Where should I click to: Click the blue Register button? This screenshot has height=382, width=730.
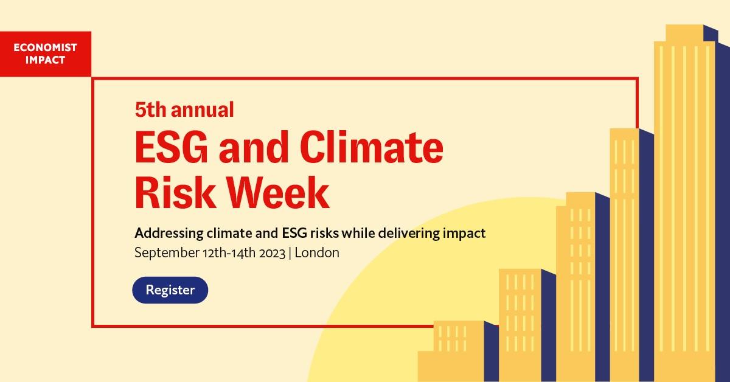pos(170,290)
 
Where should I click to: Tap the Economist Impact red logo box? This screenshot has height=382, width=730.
pos(46,54)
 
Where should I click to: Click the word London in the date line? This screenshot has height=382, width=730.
pos(317,252)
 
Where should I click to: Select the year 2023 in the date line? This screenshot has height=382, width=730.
pos(273,252)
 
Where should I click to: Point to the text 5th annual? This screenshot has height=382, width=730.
pos(184,109)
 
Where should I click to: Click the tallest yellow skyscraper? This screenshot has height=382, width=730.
pos(684,213)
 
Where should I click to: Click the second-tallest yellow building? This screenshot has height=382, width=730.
pos(624,255)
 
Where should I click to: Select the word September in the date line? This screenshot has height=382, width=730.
pos(167,252)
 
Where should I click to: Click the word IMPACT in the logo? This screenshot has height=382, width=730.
pos(46,60)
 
